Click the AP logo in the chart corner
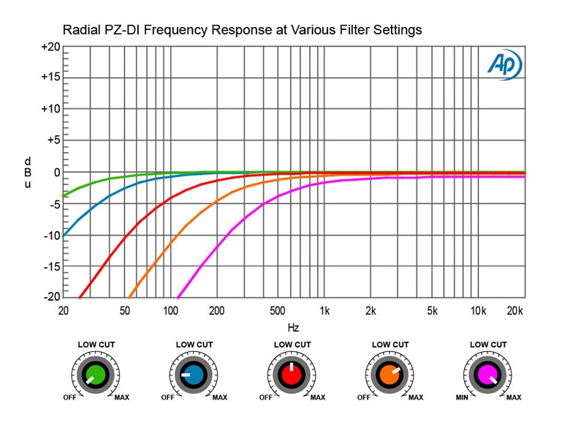pos(505,65)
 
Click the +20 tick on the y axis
pos(50,47)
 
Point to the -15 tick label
pos(51,266)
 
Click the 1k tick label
pos(324,310)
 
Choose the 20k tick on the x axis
pos(516,310)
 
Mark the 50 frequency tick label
pos(123,310)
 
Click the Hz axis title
pos(293,327)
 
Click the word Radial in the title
pos(83,30)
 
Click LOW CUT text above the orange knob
pos(390,345)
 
